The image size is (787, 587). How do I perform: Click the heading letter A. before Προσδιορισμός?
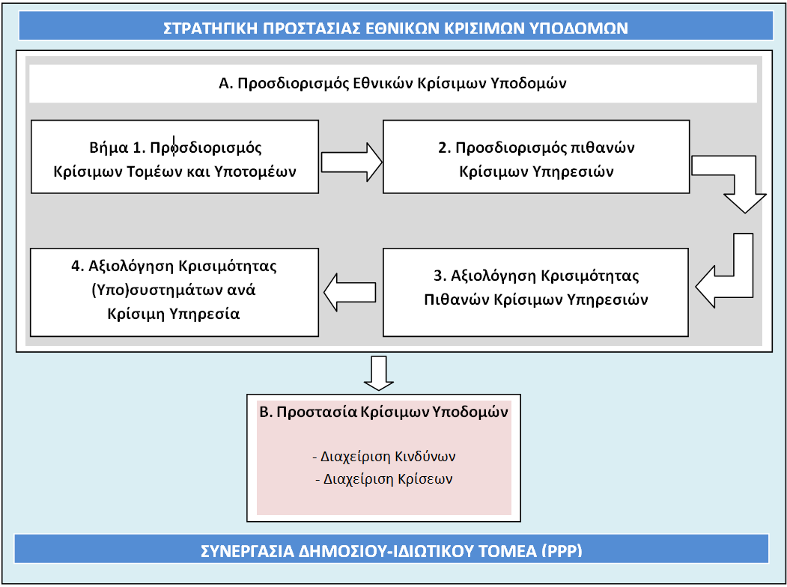point(226,83)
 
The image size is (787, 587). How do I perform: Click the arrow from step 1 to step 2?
point(351,162)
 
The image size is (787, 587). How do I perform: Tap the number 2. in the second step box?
point(445,148)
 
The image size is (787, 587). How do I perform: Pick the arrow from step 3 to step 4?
point(350,293)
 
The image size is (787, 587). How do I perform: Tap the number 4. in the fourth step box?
point(79,265)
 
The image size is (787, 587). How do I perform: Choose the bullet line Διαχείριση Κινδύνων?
point(384,457)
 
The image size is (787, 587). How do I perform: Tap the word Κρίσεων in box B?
point(425,479)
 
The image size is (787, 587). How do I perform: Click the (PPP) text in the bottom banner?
point(562,551)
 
